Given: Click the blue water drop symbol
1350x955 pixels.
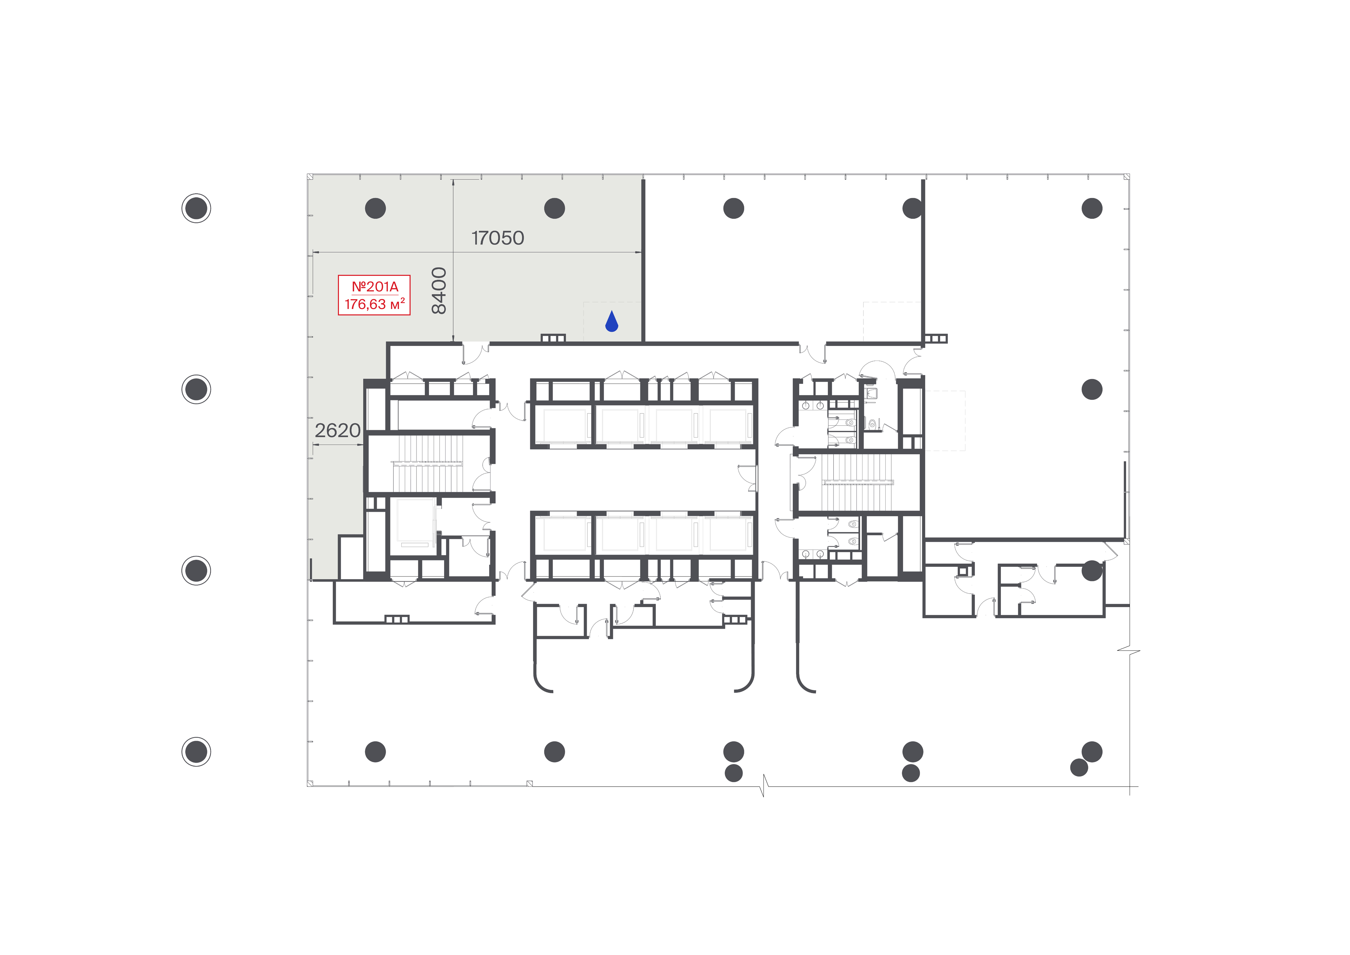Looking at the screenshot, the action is (611, 322).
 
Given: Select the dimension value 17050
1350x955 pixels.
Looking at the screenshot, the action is (497, 238).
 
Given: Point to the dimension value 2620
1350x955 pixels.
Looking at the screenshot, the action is (338, 431).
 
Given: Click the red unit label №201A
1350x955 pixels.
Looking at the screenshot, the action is (375, 287).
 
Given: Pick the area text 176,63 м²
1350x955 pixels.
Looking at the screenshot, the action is (375, 304).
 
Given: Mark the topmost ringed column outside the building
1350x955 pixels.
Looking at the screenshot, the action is (196, 208).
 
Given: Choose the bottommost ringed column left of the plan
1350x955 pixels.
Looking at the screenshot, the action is (196, 751).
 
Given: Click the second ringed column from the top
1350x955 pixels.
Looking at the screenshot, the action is (196, 389).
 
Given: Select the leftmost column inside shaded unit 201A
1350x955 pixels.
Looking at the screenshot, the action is (375, 208).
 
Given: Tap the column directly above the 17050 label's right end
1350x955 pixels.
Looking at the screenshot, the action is (555, 208).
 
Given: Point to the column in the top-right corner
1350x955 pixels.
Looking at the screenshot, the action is (1092, 208).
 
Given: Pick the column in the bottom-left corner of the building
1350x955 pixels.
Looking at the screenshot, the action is (375, 751).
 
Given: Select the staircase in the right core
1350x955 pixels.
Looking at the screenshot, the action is (857, 482).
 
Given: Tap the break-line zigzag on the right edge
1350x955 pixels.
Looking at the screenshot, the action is (1129, 651).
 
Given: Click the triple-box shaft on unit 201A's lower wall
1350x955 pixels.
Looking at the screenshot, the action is (553, 338).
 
